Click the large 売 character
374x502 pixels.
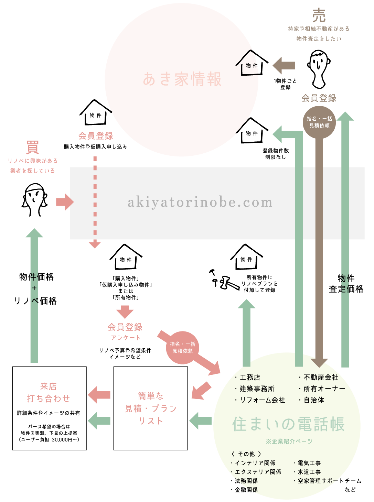[319, 16]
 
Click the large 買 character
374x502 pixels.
[33, 148]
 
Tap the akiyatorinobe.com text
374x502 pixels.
[200, 202]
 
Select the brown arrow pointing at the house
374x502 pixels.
[284, 65]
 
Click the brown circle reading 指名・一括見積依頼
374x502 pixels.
[319, 122]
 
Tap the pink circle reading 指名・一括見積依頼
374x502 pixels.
[182, 348]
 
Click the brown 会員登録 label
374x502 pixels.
[319, 98]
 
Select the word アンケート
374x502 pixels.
[126, 338]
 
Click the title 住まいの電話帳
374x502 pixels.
[288, 424]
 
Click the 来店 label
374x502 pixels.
[48, 386]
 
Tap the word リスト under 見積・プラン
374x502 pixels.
[151, 421]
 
